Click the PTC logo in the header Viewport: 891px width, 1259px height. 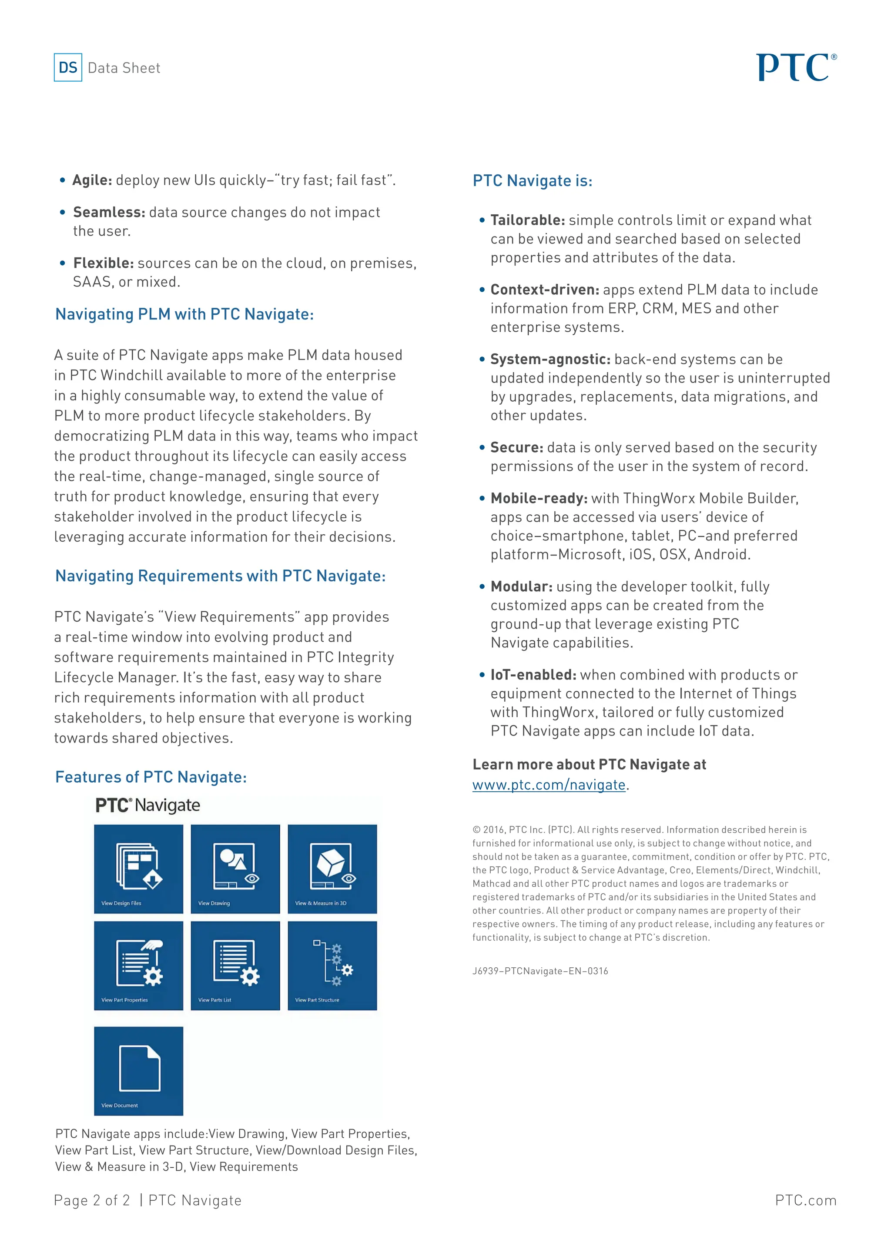point(796,67)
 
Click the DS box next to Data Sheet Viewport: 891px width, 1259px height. point(68,67)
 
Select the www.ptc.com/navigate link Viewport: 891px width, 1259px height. point(549,785)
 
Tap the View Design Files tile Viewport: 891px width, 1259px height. point(138,869)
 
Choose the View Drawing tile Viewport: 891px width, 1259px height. point(235,869)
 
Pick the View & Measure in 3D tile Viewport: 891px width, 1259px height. point(332,869)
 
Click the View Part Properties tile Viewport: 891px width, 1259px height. point(138,966)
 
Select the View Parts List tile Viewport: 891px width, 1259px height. point(235,966)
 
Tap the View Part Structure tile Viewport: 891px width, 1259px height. point(332,966)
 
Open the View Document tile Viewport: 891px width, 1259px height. point(138,1071)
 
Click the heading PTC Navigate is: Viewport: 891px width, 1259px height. point(532,181)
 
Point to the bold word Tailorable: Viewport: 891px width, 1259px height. point(527,220)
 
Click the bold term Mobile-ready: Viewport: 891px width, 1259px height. point(539,499)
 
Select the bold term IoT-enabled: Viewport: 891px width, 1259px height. point(533,675)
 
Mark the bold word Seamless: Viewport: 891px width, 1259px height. point(109,212)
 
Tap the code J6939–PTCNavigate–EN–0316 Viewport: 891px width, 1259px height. point(540,971)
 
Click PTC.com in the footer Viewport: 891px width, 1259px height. point(805,1200)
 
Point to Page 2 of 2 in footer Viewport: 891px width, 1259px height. point(92,1200)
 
